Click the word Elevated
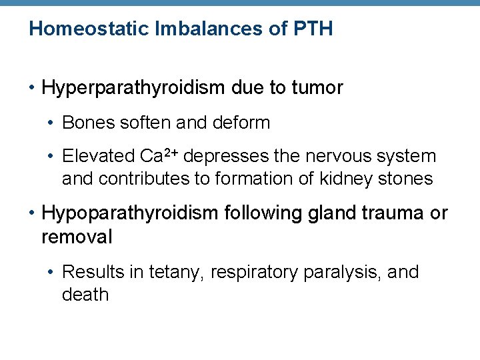point(98,157)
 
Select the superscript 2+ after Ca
point(170,153)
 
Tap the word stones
point(407,179)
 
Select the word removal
point(77,237)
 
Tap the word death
point(85,295)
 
